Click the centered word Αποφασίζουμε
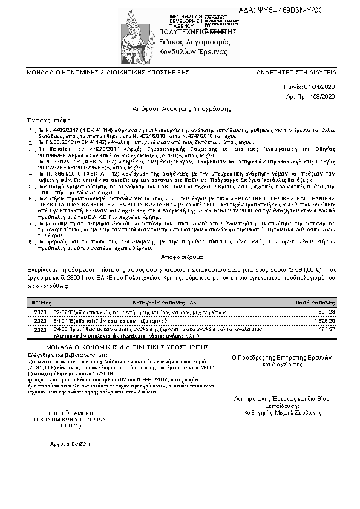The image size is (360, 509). tap(180, 256)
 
